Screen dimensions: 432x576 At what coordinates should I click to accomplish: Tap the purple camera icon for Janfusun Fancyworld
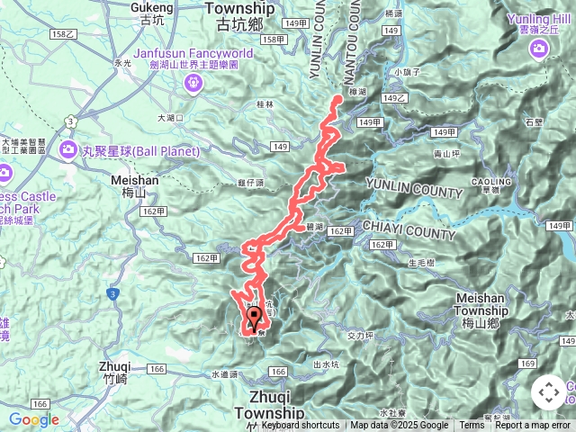192,84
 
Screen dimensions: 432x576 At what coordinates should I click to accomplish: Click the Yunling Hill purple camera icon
539,48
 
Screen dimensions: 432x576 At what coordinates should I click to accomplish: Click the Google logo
34,419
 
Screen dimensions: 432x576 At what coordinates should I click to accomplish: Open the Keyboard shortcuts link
301,426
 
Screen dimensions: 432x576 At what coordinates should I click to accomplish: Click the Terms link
472,426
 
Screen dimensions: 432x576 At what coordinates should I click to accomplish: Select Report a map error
534,426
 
